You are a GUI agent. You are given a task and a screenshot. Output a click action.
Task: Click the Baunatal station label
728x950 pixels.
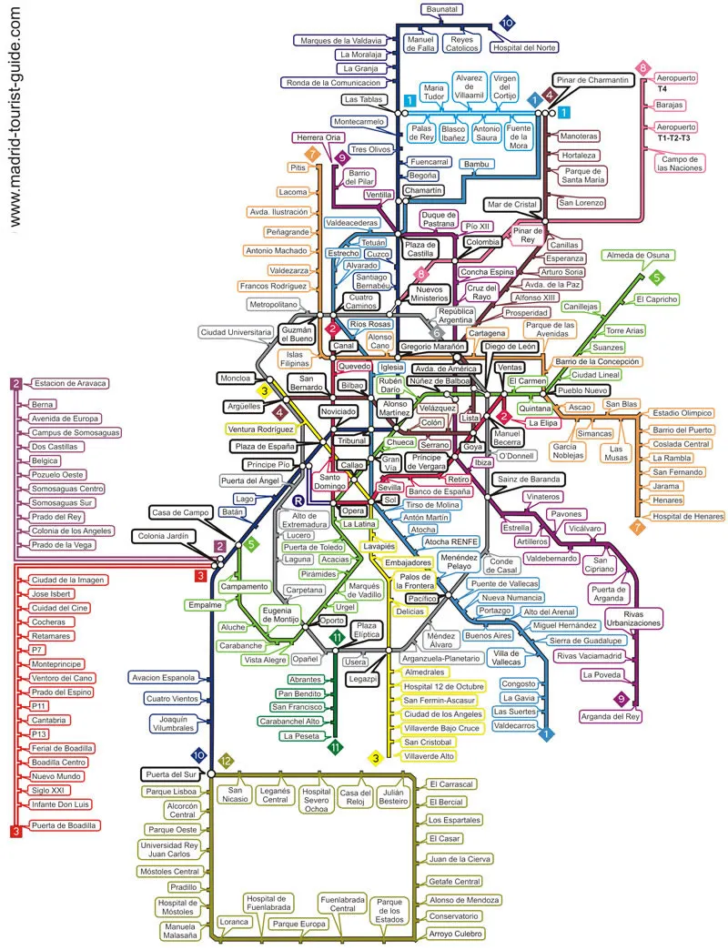click(x=442, y=9)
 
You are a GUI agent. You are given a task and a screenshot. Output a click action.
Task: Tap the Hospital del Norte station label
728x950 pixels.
click(x=524, y=47)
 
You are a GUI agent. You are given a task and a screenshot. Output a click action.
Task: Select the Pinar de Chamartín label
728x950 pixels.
click(x=592, y=80)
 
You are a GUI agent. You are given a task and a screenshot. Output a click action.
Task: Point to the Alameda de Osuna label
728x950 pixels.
click(x=638, y=256)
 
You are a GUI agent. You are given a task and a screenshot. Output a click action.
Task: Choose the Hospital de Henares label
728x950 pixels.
click(x=687, y=517)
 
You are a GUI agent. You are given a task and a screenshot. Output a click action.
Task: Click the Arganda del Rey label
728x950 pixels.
click(x=610, y=717)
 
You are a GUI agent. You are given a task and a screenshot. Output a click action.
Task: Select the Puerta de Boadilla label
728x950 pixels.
click(x=64, y=825)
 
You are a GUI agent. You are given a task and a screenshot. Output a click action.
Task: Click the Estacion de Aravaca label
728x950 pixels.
click(x=70, y=383)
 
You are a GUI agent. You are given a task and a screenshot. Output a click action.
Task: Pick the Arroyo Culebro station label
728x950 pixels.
click(x=455, y=934)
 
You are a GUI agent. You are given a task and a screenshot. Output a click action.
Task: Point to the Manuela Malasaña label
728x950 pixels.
click(x=179, y=931)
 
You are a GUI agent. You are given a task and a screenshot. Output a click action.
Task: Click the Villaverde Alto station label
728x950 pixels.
click(x=429, y=756)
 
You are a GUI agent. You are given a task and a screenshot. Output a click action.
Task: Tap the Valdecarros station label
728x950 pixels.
click(x=514, y=726)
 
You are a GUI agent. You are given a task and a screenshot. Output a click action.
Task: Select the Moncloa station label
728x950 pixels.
click(x=235, y=379)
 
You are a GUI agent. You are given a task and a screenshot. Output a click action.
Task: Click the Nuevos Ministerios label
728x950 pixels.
click(x=430, y=294)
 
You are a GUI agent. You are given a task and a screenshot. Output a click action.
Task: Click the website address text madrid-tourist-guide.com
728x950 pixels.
click(x=15, y=117)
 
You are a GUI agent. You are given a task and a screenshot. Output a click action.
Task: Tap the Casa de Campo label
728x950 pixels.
click(x=180, y=512)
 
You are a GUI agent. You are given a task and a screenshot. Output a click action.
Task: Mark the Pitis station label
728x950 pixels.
click(x=298, y=167)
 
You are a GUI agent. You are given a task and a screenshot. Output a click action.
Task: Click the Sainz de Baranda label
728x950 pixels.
click(x=529, y=480)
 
